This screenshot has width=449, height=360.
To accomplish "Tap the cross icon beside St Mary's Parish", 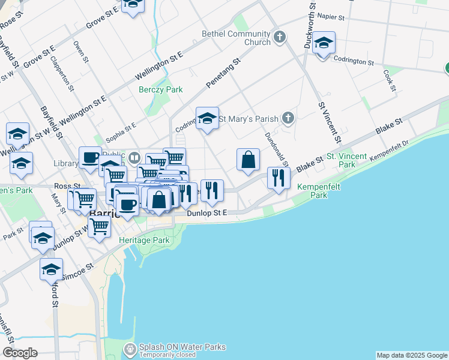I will click(289, 118).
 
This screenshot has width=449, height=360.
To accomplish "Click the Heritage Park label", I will click(145, 240).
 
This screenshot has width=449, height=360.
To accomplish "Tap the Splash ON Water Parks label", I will click(182, 347).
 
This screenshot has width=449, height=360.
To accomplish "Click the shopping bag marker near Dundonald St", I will click(248, 160).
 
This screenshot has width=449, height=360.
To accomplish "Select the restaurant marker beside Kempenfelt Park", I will click(279, 178).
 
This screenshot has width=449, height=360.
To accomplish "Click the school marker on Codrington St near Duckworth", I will click(324, 43).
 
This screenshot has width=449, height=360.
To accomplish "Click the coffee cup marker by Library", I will click(90, 158).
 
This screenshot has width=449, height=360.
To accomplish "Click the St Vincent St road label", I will click(330, 122).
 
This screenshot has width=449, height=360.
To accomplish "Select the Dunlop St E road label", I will click(208, 213).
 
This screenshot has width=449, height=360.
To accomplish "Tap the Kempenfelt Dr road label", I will click(390, 149).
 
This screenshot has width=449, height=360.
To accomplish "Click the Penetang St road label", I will click(224, 70).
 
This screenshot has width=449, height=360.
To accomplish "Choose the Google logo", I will click(20, 353).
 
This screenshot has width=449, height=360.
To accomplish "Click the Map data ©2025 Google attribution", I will click(412, 355).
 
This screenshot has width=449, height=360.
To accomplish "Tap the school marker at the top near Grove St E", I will click(133, 4).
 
